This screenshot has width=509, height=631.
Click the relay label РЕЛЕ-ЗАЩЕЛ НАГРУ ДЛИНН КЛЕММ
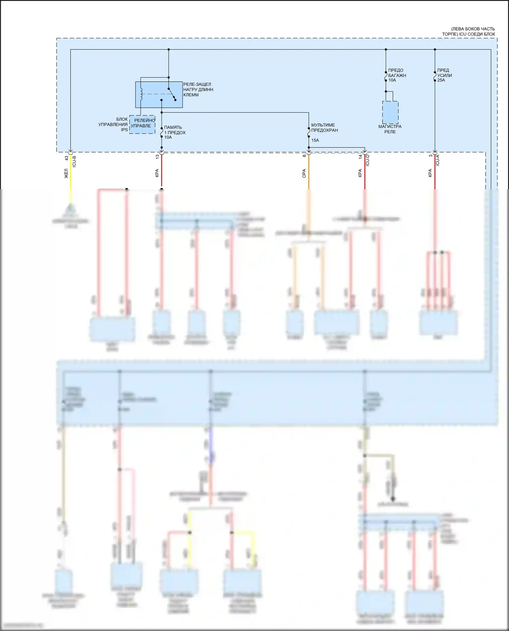pos(198,90)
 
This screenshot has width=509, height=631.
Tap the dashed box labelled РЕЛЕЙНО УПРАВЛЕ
pos(142,124)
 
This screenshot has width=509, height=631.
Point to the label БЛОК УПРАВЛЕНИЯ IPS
pos(113,124)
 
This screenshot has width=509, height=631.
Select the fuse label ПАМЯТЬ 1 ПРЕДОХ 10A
pos(174,132)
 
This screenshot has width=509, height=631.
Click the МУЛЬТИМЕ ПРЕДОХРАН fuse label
pos(324,127)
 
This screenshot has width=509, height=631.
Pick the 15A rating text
pos(315,140)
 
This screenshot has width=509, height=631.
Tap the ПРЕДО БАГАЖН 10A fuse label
pos(397,75)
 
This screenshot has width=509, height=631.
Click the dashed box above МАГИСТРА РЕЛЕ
pos(390,112)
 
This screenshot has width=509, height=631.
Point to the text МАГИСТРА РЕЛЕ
pos(390,129)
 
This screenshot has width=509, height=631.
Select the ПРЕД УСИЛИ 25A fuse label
pos(444,75)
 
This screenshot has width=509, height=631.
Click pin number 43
pos(67,158)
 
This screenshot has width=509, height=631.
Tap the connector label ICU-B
pos(74,161)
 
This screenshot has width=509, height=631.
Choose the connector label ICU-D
pos(367,160)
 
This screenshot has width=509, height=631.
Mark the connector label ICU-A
pos(438,160)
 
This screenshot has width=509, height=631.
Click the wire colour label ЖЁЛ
pos(67,174)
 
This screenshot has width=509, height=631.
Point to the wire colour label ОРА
pos(304,173)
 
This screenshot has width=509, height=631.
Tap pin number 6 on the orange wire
pos(304,155)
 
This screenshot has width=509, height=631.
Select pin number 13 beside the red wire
pos(157,157)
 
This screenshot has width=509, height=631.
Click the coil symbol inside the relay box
pos(141,94)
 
